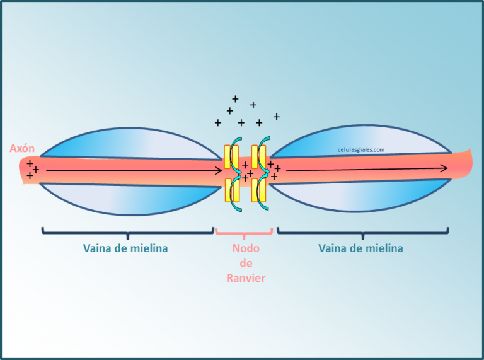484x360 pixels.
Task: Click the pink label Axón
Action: tap(22, 148)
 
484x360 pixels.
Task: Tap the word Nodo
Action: tap(246, 248)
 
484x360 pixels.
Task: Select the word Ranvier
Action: tap(246, 278)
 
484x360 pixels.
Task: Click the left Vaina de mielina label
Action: tap(125, 248)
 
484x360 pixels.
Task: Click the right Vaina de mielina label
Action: tap(360, 248)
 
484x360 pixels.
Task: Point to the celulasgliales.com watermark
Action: tap(361, 150)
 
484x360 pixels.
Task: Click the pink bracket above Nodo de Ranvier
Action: tap(244, 233)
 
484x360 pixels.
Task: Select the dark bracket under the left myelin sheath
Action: tap(128, 232)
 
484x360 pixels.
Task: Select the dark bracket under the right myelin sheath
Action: tap(363, 232)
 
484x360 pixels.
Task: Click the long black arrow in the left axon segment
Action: tap(134, 170)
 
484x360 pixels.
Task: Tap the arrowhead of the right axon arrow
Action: tap(444, 168)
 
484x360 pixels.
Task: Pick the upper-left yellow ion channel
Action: tap(231, 157)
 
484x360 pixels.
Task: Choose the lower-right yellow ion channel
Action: tap(258, 190)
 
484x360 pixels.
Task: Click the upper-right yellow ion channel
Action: tap(258, 157)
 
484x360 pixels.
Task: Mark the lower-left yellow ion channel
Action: tap(232, 190)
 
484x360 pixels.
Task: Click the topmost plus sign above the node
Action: tap(235, 99)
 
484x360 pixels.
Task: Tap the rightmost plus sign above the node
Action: tap(277, 117)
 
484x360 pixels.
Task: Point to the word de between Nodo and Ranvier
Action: tap(246, 264)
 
